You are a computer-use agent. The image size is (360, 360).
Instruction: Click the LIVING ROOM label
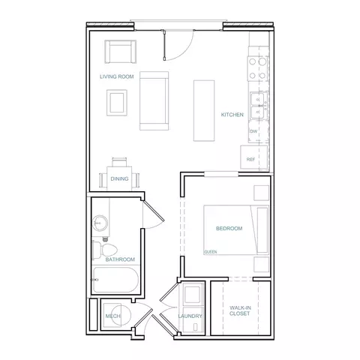coord(117,76)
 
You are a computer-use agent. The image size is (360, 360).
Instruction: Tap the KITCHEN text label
coord(232,115)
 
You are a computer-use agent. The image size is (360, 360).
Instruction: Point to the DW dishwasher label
coord(253,131)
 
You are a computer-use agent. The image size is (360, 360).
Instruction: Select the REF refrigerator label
coord(250,159)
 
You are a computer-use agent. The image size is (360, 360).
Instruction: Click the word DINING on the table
coord(119,178)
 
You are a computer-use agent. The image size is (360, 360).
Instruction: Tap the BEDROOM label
coord(229,228)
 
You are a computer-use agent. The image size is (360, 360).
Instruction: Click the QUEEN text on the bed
coord(211,252)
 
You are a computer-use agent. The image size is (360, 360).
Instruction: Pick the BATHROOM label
coord(120,259)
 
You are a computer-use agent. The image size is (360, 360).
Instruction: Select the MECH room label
coord(112,316)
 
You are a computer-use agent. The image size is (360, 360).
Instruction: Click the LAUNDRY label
coord(190,316)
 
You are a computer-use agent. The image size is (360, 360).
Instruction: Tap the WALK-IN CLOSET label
coord(240,310)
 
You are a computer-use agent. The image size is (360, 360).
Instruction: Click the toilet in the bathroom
coord(105,250)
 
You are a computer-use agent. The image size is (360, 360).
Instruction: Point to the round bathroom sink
coord(100,222)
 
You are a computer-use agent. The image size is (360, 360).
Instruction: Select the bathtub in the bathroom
coord(115,280)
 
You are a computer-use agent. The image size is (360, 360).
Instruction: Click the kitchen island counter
coord(204,110)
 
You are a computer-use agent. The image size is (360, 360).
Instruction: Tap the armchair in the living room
coord(121,52)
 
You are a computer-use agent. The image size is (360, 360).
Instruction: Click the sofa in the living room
coord(154,100)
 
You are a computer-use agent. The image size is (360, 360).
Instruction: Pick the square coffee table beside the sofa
coord(117,103)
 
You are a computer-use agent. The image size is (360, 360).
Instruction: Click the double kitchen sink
coord(259,106)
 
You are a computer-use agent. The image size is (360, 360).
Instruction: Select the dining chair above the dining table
coord(119,162)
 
